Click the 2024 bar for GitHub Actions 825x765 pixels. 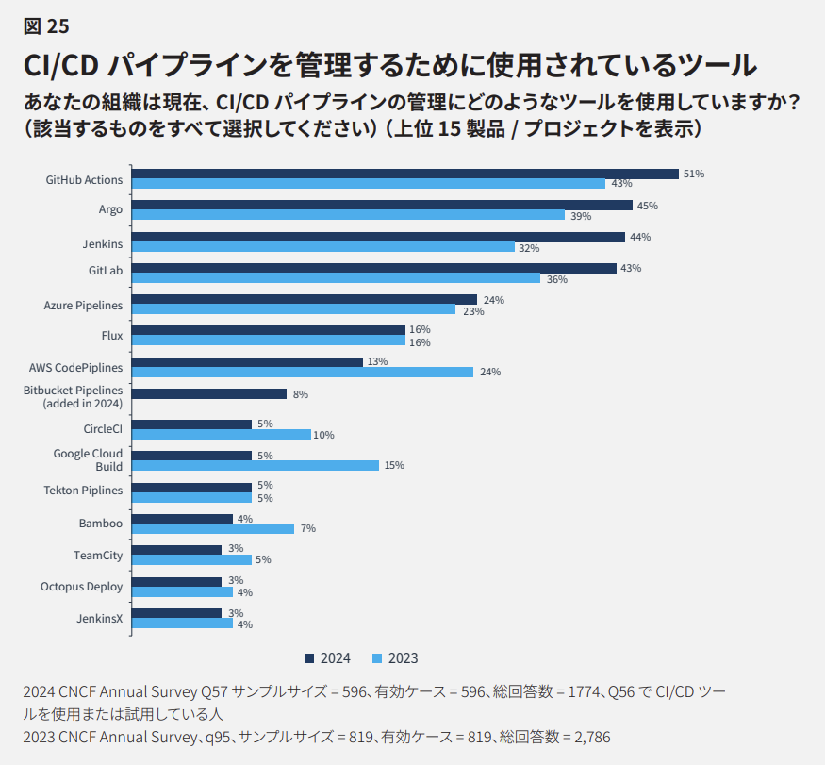coord(405,174)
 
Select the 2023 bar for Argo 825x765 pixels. coord(348,215)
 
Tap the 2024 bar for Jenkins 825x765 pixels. coord(378,237)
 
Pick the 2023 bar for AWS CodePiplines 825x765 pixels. coord(303,372)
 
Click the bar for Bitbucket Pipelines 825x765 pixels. coord(209,393)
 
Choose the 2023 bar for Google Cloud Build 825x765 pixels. coord(256,465)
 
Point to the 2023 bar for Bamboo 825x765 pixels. coord(213,528)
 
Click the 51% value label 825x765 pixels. coord(693,174)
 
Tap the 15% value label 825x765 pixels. coord(393,466)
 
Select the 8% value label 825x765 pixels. coord(301,394)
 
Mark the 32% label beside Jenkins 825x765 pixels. coord(528,248)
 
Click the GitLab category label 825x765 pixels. coord(105,271)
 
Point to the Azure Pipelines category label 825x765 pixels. coord(83,305)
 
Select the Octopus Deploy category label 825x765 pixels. coord(81,587)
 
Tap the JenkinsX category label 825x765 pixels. coord(99,618)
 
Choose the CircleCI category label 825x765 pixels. coord(103,428)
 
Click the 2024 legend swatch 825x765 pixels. coord(308,658)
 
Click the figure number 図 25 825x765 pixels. coord(46,25)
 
